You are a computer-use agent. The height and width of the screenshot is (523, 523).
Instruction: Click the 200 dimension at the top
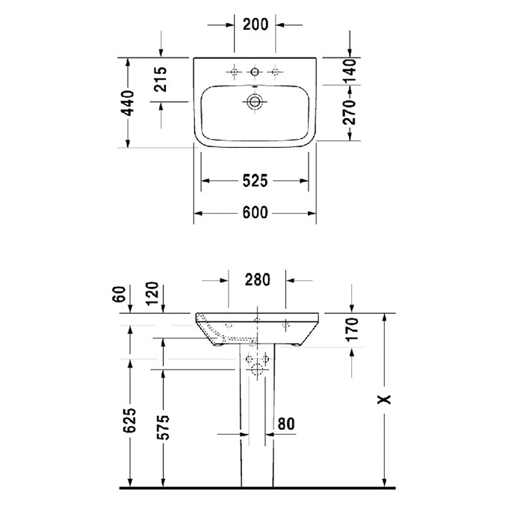255,24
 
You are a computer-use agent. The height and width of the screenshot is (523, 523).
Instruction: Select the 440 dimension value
128,103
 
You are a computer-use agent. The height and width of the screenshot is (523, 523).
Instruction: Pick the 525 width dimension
255,181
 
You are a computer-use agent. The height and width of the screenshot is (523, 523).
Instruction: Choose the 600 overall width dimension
255,213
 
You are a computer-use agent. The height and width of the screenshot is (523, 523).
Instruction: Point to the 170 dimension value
353,328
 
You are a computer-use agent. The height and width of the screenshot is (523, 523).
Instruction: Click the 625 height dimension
129,423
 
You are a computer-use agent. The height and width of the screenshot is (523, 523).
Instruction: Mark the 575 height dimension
164,426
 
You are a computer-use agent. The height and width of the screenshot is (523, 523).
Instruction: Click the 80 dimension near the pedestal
285,423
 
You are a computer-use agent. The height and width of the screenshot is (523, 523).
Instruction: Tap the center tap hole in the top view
255,72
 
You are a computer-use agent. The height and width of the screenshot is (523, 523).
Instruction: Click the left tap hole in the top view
234,72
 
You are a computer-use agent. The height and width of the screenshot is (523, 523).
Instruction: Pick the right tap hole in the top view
276,72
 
